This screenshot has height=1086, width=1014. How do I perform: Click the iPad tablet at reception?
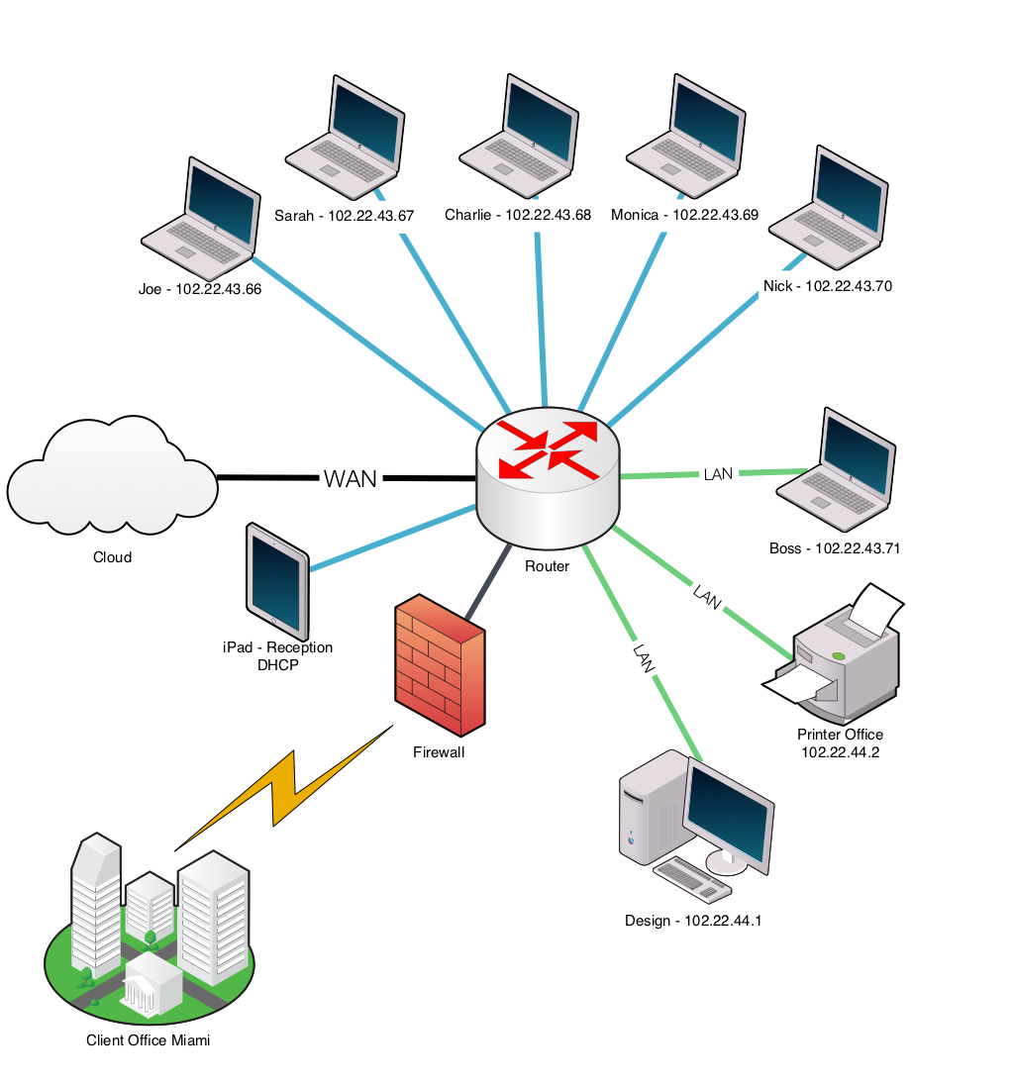click(x=277, y=581)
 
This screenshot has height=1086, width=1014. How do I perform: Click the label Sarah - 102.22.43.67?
click(x=344, y=216)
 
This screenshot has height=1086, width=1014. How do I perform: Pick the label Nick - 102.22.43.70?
click(x=827, y=286)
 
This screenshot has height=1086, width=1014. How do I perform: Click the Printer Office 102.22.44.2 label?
click(x=840, y=743)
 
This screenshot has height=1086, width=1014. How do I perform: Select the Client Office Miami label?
click(x=149, y=1040)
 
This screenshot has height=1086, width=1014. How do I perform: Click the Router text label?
click(x=547, y=566)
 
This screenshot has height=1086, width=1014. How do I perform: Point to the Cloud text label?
click(x=112, y=557)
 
